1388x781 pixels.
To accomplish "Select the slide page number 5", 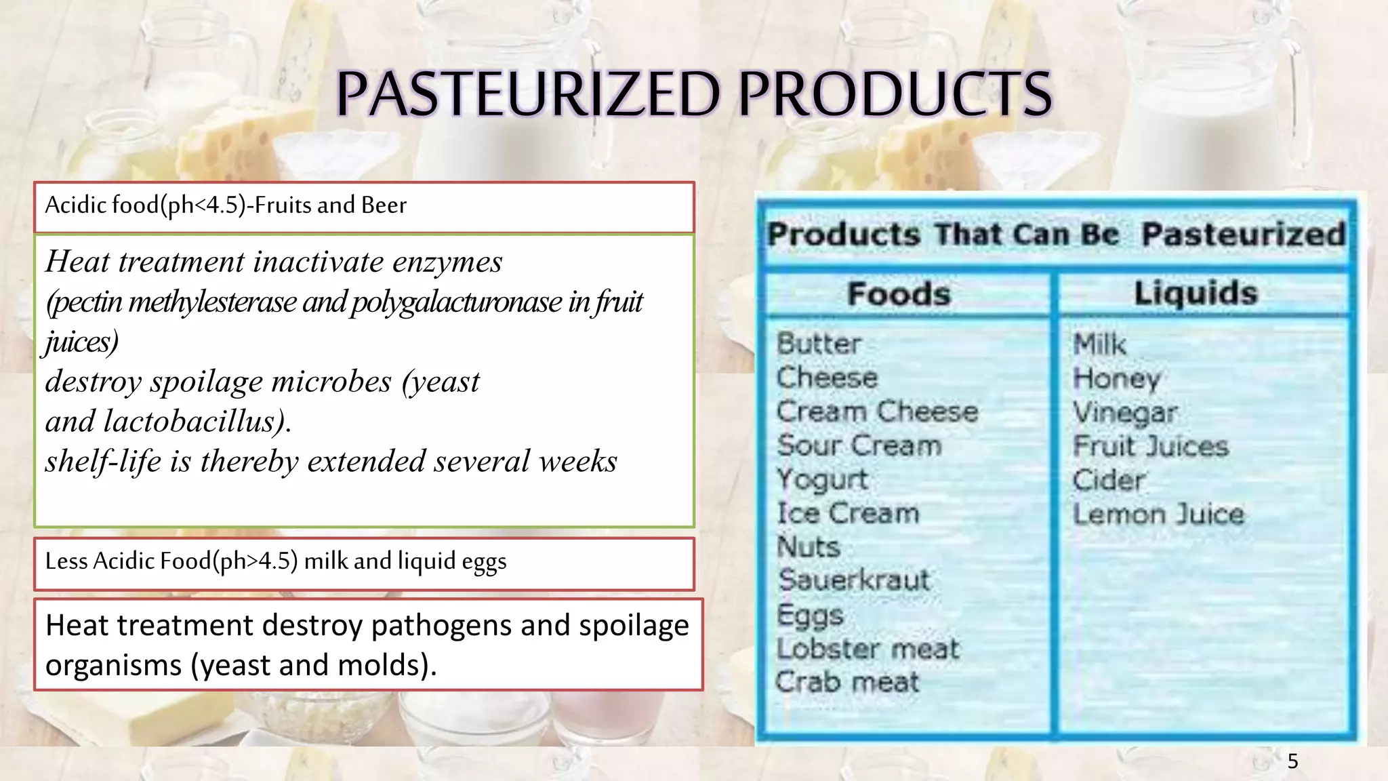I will click(x=1292, y=761).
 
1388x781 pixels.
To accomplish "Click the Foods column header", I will click(x=899, y=294).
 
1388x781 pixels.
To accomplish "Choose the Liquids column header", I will click(x=1196, y=294).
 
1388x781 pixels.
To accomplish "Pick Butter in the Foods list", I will click(x=819, y=344).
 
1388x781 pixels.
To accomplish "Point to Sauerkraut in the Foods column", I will click(x=854, y=580).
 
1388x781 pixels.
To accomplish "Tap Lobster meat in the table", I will click(x=867, y=649).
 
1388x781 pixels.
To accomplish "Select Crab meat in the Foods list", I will click(x=847, y=682).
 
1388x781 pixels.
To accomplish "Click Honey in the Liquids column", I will click(x=1116, y=379).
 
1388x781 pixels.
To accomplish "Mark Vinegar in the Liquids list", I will click(x=1125, y=413).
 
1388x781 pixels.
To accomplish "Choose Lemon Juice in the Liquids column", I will click(x=1158, y=515).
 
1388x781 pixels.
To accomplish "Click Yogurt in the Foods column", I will click(x=822, y=479).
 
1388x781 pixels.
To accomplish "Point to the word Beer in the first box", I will click(x=384, y=205).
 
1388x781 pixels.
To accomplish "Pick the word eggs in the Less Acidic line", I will click(x=484, y=562).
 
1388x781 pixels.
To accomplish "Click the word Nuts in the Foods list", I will click(x=808, y=547).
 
